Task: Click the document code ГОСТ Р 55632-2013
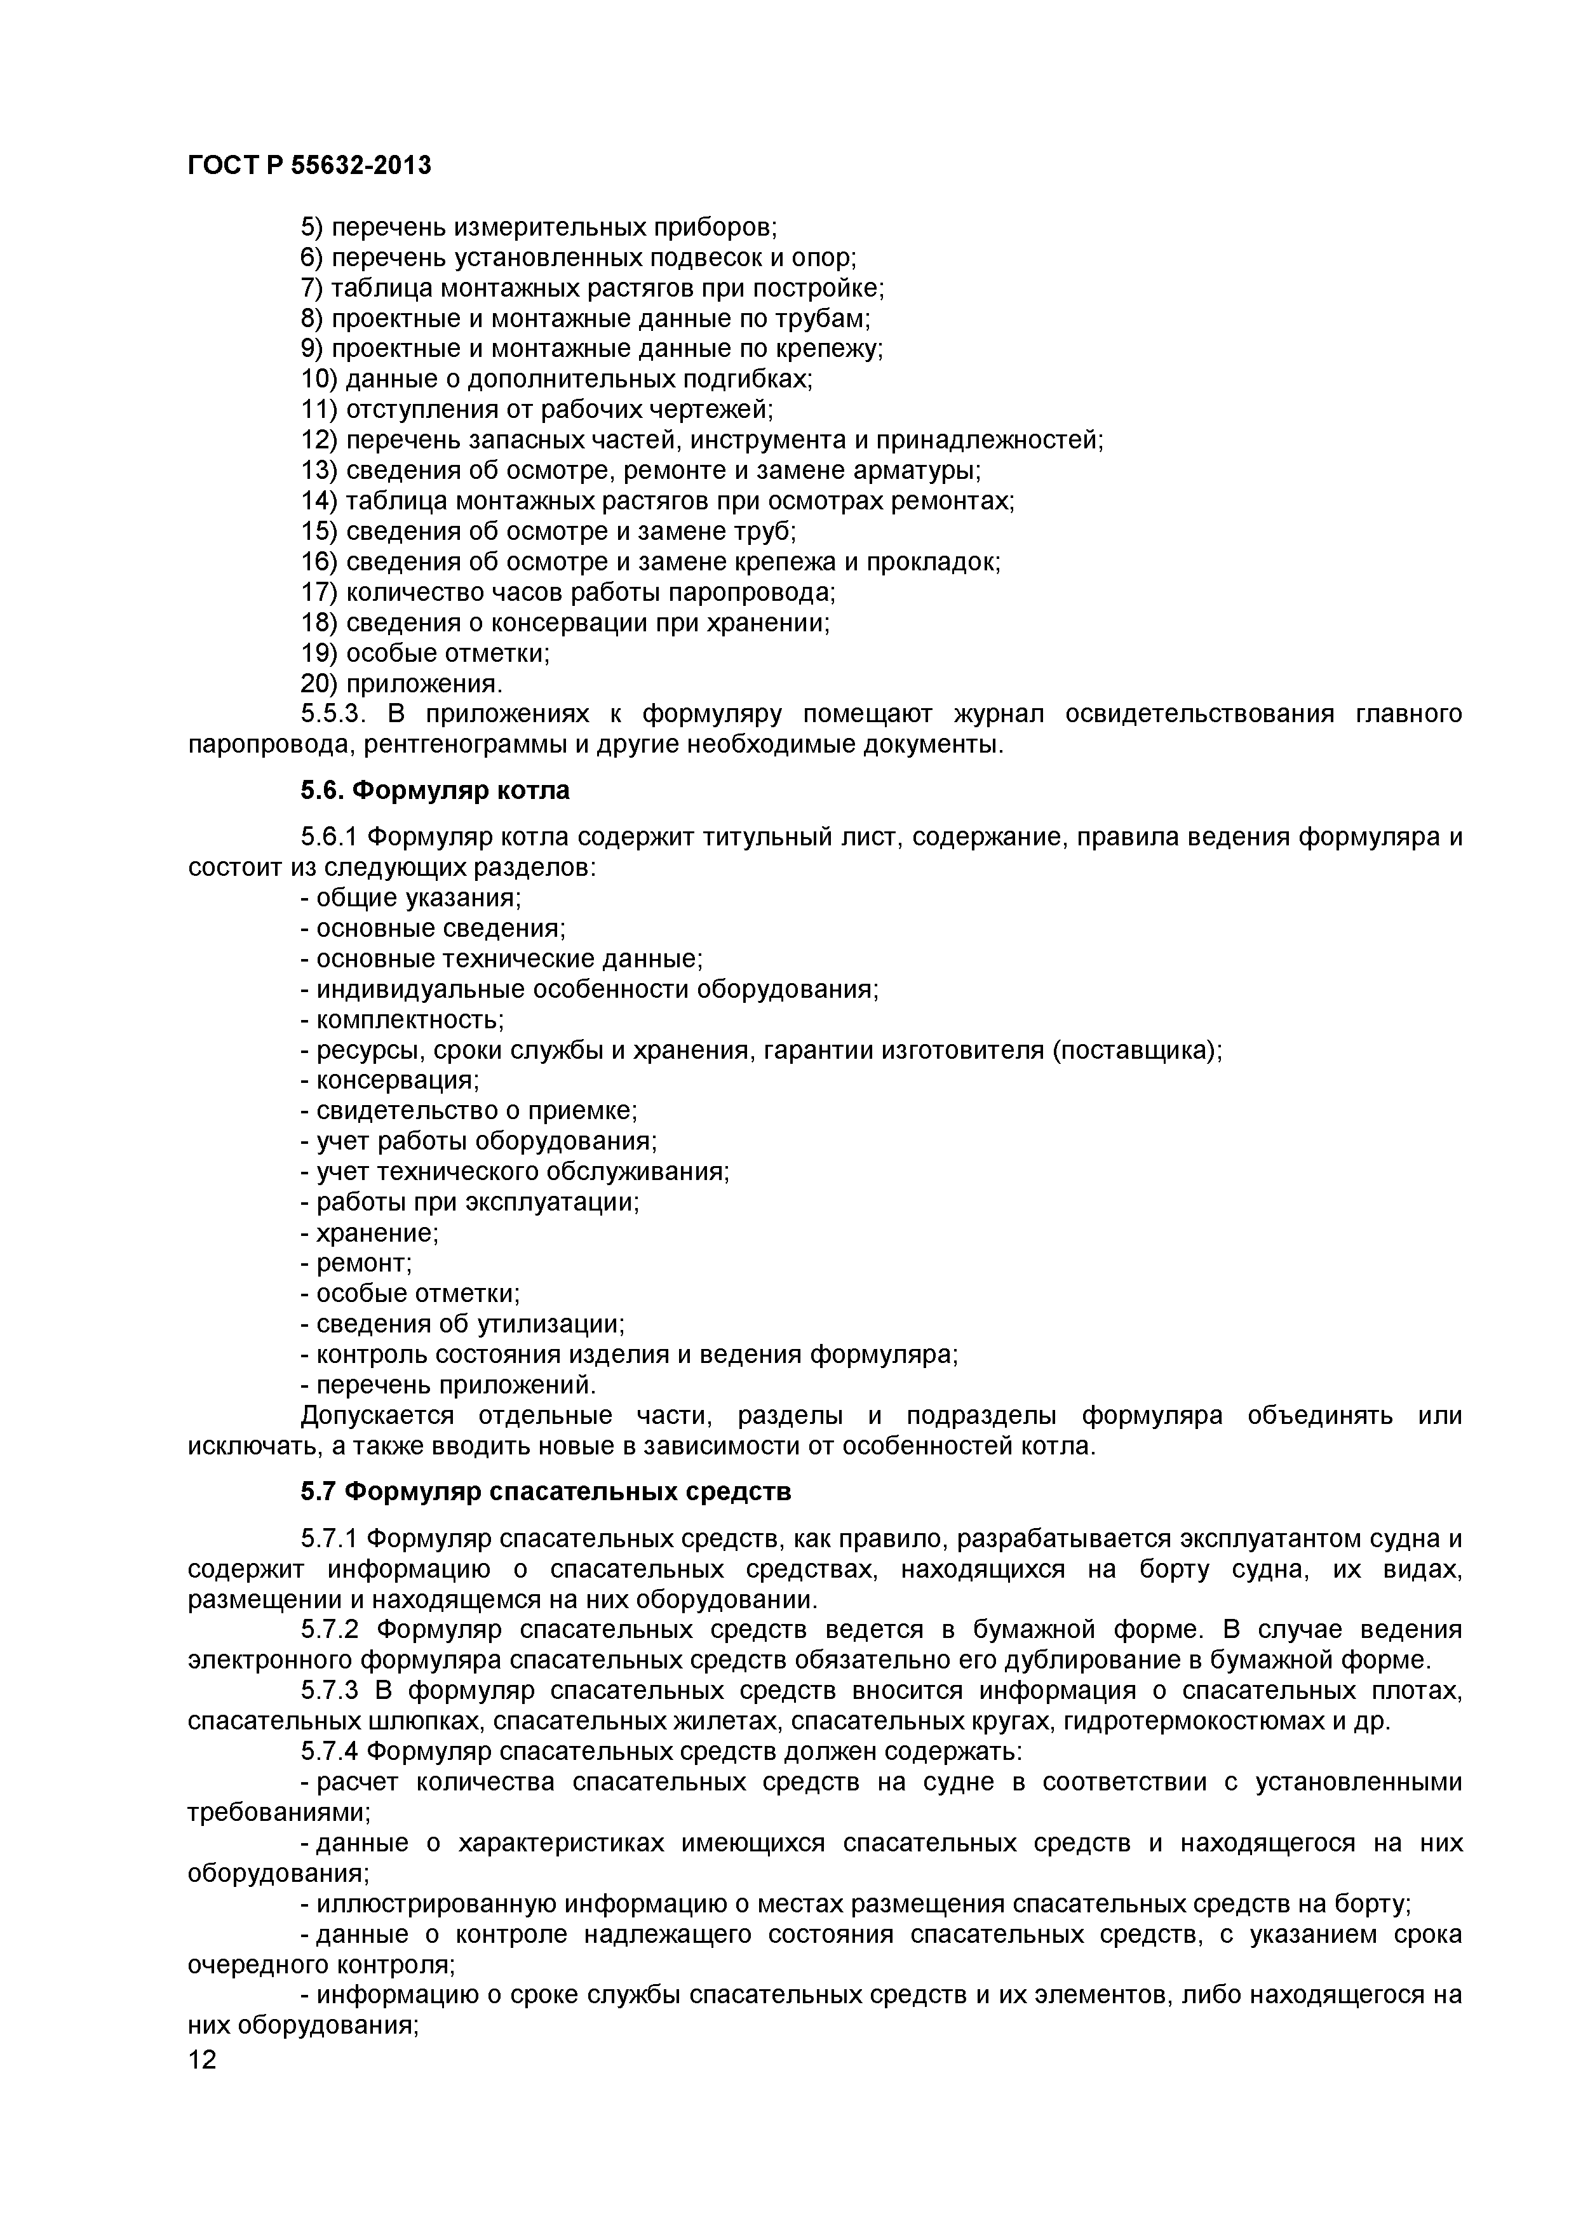[309, 166]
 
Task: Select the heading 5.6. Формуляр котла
[434, 791]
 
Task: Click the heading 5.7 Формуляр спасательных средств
[546, 1491]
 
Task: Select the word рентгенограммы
[439, 744]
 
